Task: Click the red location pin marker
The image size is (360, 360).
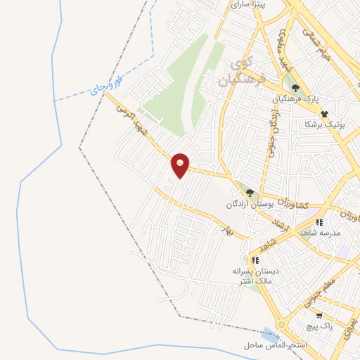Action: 181,165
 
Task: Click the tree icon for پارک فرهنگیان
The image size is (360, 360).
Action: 296,89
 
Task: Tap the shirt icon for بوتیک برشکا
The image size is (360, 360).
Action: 324,113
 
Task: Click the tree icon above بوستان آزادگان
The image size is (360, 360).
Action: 250,193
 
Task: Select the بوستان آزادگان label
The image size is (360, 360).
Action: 249,204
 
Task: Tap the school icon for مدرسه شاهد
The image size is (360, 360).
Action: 319,222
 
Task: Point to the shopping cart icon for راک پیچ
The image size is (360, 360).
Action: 320,316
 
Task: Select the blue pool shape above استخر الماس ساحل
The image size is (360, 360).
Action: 270,335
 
